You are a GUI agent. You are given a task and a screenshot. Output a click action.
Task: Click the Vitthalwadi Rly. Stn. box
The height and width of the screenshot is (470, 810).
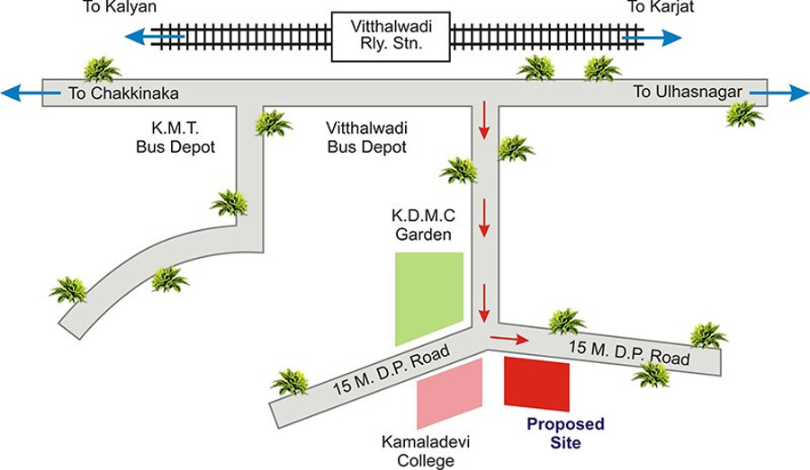coord(391,37)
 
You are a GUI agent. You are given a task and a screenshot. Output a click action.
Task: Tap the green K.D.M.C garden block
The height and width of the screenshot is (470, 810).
coord(429,297)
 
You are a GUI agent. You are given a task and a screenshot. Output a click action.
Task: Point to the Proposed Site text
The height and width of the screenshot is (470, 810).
coord(565,432)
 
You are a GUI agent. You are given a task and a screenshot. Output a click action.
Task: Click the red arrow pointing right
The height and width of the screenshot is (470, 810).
coord(508,340)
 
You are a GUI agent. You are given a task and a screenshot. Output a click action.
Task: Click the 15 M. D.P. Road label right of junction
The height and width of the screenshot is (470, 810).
coord(630,352)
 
